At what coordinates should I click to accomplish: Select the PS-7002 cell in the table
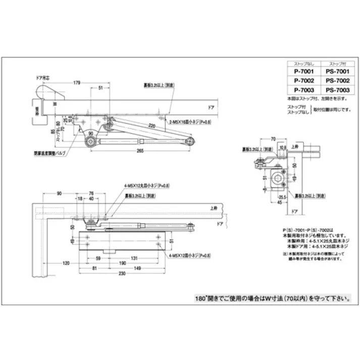coord(335,80)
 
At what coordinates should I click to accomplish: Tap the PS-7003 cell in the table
coord(335,89)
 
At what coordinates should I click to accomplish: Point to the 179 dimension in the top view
coord(77,82)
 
